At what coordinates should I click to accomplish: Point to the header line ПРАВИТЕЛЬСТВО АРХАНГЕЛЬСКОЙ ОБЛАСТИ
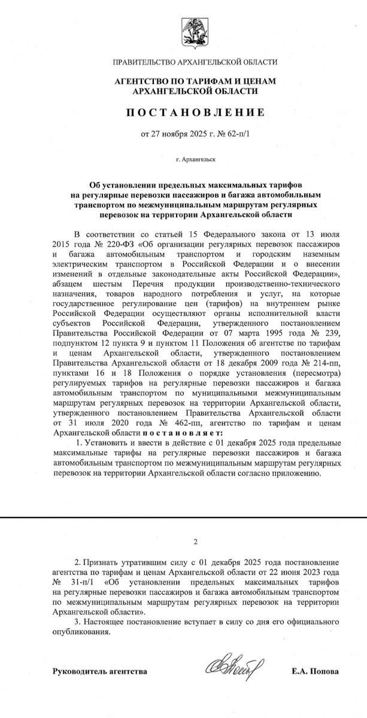click(195, 62)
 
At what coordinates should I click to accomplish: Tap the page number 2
click(195, 542)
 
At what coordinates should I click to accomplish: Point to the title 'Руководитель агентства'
click(100, 672)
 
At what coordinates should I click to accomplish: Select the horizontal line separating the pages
click(183, 518)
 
